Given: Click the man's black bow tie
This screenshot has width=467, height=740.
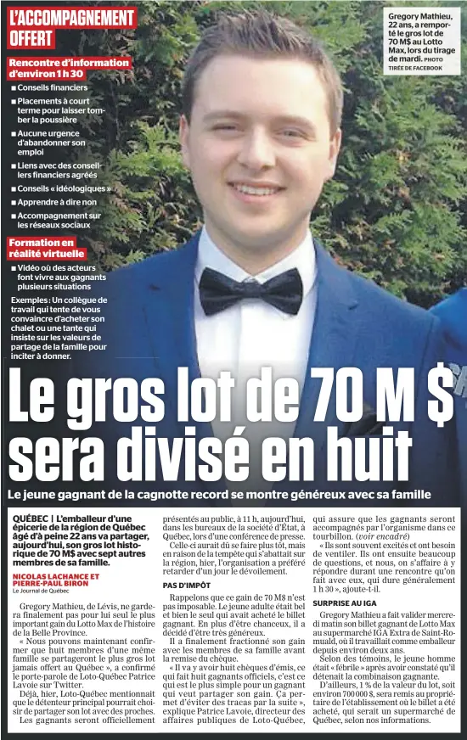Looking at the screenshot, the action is [x=250, y=290].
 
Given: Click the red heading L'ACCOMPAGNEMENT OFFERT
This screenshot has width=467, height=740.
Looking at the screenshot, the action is [x=71, y=27].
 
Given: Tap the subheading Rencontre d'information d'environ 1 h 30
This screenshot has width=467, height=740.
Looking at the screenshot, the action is [x=69, y=68].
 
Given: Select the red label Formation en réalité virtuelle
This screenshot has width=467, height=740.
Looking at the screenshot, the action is [x=47, y=248].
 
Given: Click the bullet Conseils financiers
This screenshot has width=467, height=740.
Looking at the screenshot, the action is [x=52, y=87].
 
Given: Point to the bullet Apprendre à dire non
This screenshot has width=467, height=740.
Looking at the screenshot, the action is [x=57, y=202].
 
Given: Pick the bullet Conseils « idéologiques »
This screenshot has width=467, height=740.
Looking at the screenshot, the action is [x=65, y=188].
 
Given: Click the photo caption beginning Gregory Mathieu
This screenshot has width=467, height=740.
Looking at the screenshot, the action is [x=421, y=38].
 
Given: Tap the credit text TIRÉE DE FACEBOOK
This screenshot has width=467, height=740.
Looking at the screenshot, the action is [x=415, y=68].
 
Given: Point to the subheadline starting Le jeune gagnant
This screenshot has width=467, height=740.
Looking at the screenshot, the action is [x=219, y=495].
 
